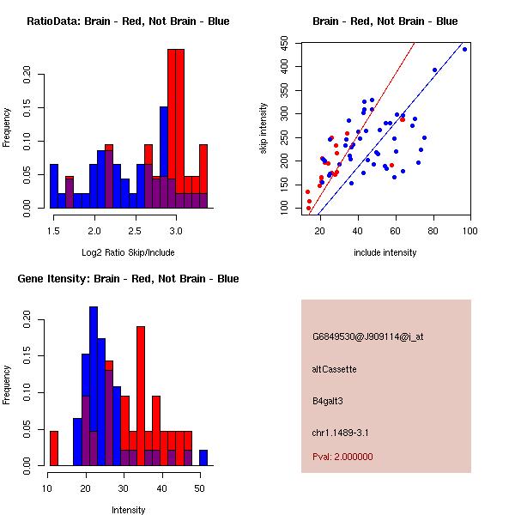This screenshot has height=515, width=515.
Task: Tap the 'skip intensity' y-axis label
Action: (264, 129)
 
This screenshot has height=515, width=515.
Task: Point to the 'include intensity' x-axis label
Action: (385, 252)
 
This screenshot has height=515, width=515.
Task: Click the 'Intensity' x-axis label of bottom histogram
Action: (129, 510)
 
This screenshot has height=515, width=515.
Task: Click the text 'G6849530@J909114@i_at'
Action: (368, 336)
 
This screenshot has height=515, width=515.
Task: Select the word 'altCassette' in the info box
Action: (335, 369)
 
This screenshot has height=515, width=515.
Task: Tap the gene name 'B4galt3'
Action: (328, 401)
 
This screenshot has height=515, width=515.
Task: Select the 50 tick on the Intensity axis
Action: (199, 489)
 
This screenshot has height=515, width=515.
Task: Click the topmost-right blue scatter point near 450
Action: (464, 49)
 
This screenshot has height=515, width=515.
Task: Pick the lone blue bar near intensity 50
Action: (203, 457)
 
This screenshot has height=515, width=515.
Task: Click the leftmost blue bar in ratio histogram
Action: (53, 185)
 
